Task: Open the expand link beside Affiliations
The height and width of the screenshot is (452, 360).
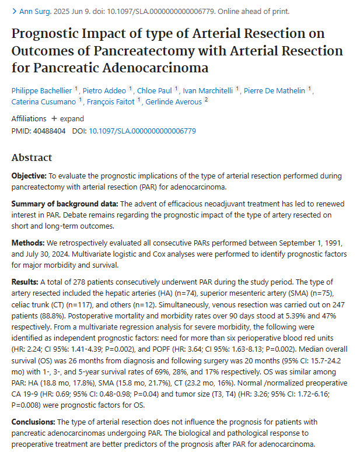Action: click(x=68, y=118)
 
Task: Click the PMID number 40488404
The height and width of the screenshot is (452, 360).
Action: click(x=49, y=131)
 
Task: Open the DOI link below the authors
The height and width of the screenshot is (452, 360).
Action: click(x=142, y=131)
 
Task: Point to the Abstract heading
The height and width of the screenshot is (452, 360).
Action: click(x=32, y=157)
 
